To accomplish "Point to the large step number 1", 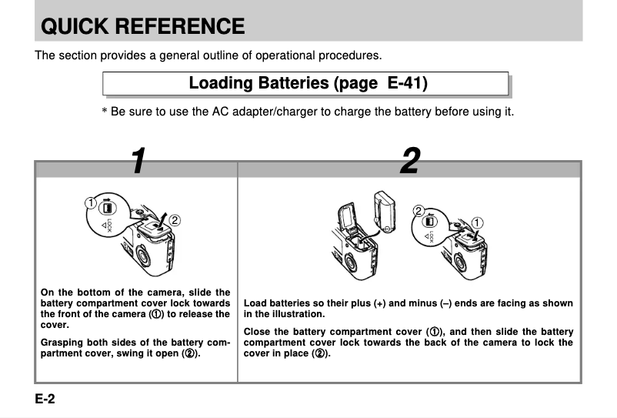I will pyautogui.click(x=137, y=160).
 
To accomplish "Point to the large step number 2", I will pyautogui.click(x=409, y=160).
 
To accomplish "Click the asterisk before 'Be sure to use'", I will pyautogui.click(x=105, y=112).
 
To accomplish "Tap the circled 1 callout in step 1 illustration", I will pyautogui.click(x=90, y=203).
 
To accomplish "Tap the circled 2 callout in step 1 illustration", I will pyautogui.click(x=175, y=220).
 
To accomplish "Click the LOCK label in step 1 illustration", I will pyautogui.click(x=108, y=226).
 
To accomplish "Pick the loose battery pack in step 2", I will pyautogui.click(x=384, y=209).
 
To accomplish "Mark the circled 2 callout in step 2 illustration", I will pyautogui.click(x=419, y=211).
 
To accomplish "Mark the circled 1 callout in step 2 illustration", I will pyautogui.click(x=478, y=223).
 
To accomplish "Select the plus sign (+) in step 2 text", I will pyautogui.click(x=379, y=304).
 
